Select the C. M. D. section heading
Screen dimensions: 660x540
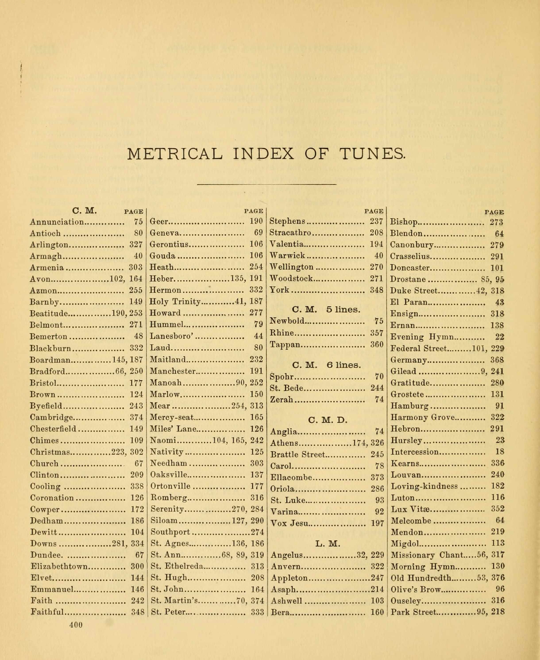tap(327, 420)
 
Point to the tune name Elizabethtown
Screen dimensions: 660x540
tap(59, 566)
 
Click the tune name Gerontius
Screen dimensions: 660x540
tap(169, 244)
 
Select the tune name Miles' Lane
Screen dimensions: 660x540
tap(173, 429)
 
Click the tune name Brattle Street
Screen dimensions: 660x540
tap(298, 455)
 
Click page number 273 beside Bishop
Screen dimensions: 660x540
tap(496, 222)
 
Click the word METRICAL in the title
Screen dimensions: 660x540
tap(175, 154)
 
